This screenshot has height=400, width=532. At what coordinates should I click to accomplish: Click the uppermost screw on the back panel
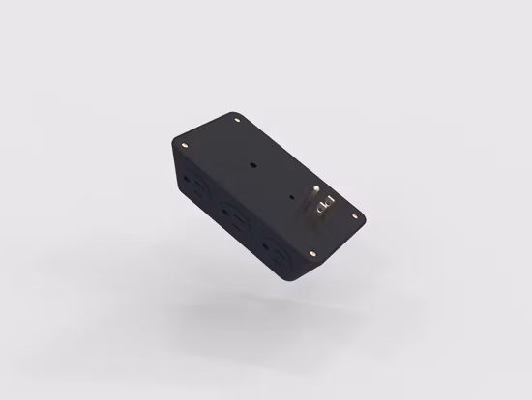click(239, 120)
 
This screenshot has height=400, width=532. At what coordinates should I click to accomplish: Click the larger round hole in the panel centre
click(252, 165)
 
